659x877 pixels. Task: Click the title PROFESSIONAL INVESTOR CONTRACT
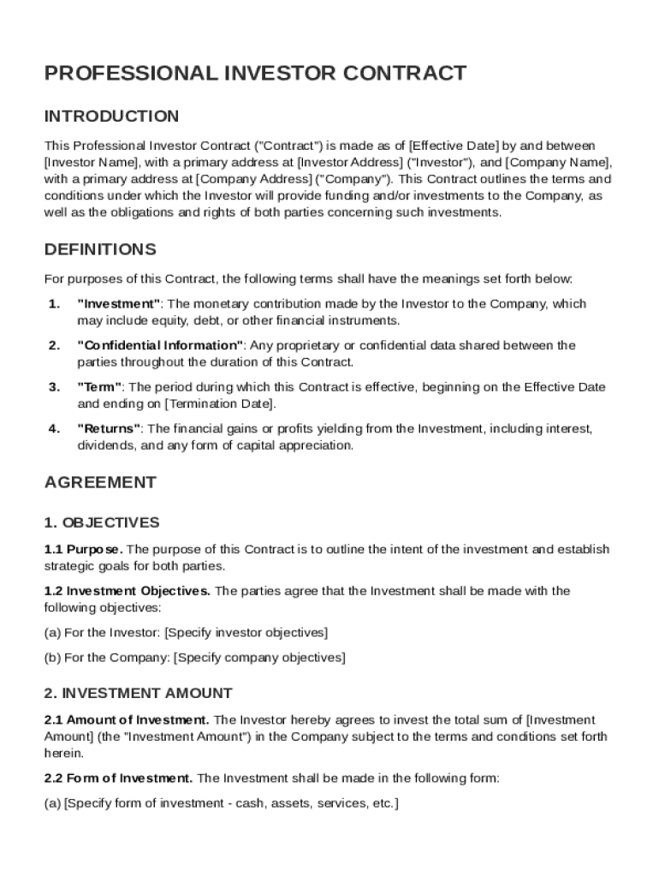255,74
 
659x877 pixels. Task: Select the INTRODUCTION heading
111,116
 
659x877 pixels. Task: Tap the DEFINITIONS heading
100,250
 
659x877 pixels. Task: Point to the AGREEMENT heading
100,482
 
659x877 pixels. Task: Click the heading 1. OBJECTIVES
102,522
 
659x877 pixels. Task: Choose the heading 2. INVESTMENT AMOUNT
138,693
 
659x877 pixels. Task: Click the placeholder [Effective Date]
454,146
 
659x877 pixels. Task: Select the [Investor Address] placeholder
350,163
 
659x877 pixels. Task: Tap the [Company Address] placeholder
253,179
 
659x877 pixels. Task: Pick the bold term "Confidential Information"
161,345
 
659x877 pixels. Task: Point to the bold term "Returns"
110,428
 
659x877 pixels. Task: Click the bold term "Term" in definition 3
100,387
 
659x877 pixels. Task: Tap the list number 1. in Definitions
54,304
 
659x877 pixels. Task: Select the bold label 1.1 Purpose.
83,549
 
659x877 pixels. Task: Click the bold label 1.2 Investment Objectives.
127,591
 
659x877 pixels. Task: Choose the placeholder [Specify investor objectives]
246,632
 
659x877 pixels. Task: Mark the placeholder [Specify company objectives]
259,658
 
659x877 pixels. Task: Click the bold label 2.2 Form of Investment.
119,779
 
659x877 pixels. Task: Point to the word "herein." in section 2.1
64,754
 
